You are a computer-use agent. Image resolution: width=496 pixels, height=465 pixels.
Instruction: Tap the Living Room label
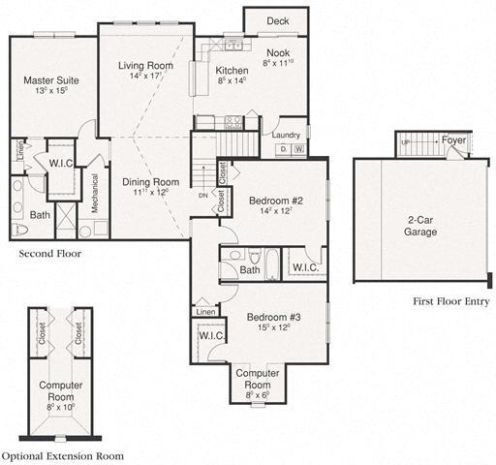[x=145, y=66]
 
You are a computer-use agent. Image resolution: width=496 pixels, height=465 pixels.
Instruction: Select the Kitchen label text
[x=232, y=71]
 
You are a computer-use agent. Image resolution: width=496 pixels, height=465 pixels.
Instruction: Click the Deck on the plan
[x=277, y=19]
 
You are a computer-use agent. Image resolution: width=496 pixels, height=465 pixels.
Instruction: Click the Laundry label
[x=285, y=135]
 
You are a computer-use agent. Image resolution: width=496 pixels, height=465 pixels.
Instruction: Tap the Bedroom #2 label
[x=276, y=201]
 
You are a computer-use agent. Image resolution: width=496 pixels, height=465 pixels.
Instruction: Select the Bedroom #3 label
[x=274, y=317]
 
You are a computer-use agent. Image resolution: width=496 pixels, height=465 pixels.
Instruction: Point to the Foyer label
[x=453, y=140]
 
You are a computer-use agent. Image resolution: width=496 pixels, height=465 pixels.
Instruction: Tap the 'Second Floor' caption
[x=50, y=254]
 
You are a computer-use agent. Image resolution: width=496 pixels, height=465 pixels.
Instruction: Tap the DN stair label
[x=202, y=195]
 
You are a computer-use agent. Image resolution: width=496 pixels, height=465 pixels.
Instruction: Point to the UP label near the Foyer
[x=405, y=141]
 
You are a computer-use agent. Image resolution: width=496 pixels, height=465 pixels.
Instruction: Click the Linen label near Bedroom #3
[x=204, y=312]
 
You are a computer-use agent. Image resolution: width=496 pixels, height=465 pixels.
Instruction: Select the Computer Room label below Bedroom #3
[x=258, y=373]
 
